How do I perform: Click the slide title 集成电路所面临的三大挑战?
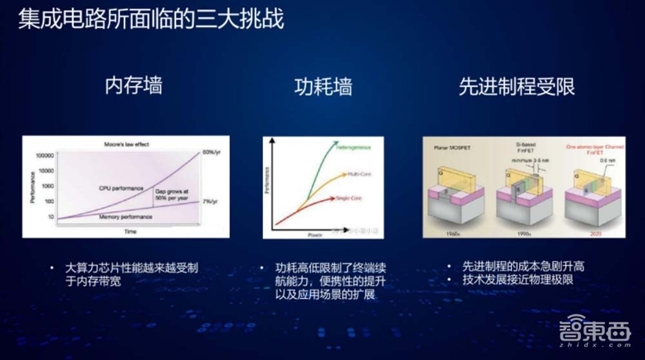[x=151, y=19]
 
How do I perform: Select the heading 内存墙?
[x=134, y=86]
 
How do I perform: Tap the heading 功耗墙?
[x=323, y=86]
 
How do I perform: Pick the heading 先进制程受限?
[x=517, y=86]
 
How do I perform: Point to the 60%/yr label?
[x=213, y=152]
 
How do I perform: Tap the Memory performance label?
[x=125, y=217]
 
